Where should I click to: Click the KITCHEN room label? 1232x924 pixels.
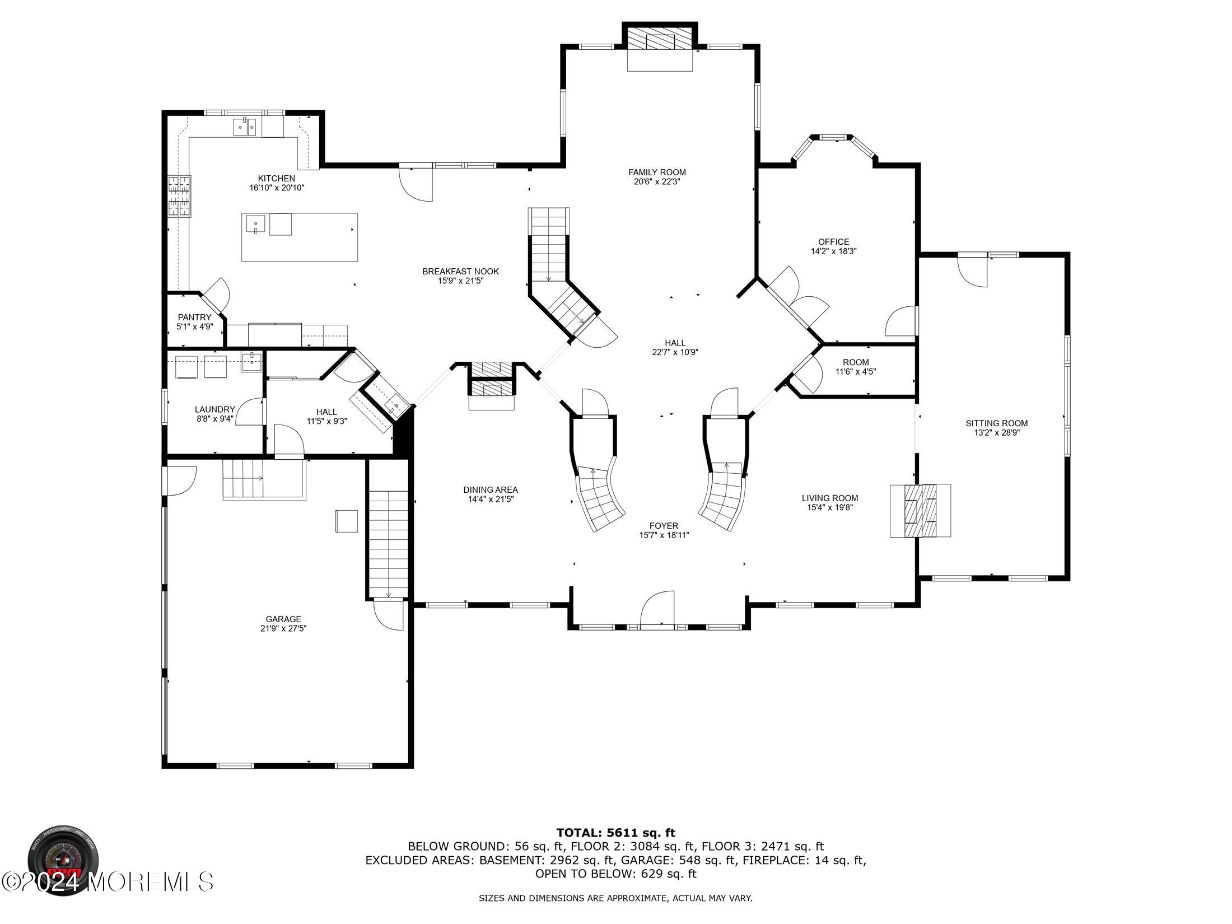[276, 179]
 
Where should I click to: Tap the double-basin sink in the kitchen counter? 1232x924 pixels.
[244, 128]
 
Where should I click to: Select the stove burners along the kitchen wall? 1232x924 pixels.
[180, 196]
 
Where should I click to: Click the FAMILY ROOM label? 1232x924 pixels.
[657, 172]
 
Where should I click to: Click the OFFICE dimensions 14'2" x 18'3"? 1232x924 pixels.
[833, 251]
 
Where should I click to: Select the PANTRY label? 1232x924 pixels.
[194, 318]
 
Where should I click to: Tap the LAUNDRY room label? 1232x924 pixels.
[214, 409]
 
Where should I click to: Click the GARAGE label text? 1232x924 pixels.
[283, 619]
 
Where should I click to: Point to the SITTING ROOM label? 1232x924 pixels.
[996, 423]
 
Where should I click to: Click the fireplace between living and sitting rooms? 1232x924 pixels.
[920, 510]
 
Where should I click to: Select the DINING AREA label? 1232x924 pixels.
[491, 489]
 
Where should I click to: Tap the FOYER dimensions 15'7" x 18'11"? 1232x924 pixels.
[664, 535]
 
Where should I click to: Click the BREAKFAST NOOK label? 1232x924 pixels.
[460, 272]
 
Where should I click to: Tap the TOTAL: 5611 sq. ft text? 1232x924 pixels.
[615, 833]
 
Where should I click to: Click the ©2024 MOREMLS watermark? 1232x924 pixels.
[108, 881]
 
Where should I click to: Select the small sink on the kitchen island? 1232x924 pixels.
[255, 225]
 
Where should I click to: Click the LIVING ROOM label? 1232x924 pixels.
[829, 498]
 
